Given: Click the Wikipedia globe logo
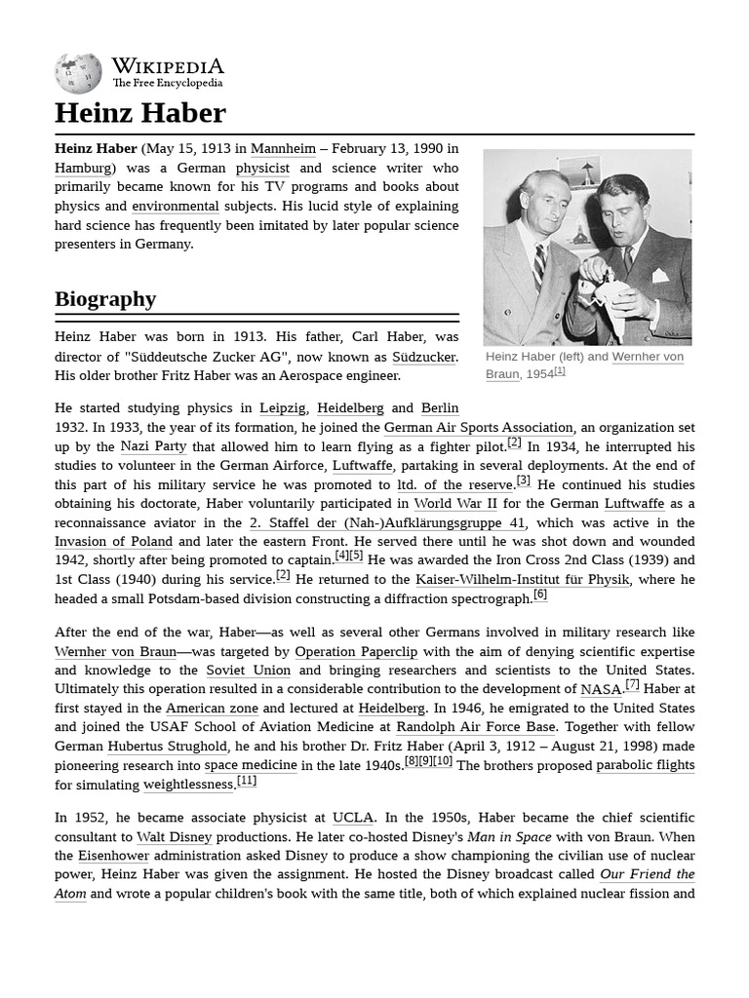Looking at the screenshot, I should [78, 73].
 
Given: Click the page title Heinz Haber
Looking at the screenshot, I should [139, 113].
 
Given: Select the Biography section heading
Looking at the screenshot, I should [105, 298].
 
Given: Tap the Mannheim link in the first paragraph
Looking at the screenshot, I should [283, 148].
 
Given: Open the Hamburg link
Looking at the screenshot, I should [83, 168].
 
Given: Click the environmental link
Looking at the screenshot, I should [176, 206].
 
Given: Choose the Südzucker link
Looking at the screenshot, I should [423, 357].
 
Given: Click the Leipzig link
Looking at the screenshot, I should [282, 407].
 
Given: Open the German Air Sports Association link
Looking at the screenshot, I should [478, 427].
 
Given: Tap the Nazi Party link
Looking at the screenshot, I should [153, 446].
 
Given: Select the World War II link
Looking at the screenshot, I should [455, 504].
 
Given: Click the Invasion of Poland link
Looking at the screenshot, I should [113, 542].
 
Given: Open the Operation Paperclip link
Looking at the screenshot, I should [356, 651].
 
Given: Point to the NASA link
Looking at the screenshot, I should [601, 689].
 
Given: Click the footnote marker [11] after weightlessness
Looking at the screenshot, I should [247, 781].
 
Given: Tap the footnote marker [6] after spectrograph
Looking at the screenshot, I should [539, 595].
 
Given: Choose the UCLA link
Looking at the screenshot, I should [352, 818].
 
